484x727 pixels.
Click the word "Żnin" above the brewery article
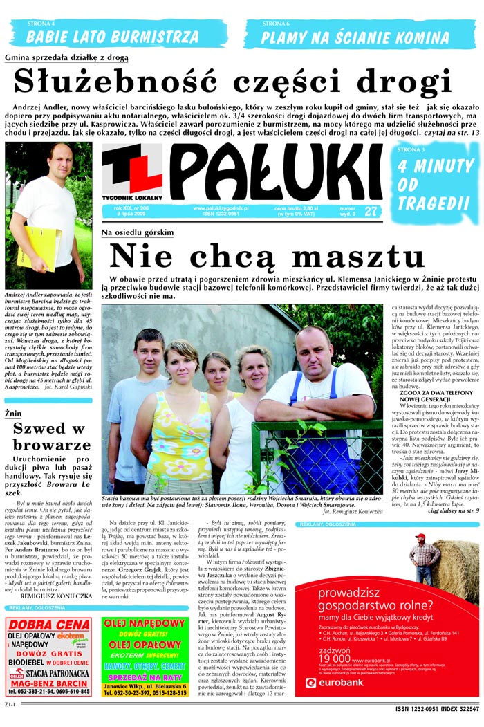(13, 413)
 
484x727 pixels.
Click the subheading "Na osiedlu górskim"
(138, 232)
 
